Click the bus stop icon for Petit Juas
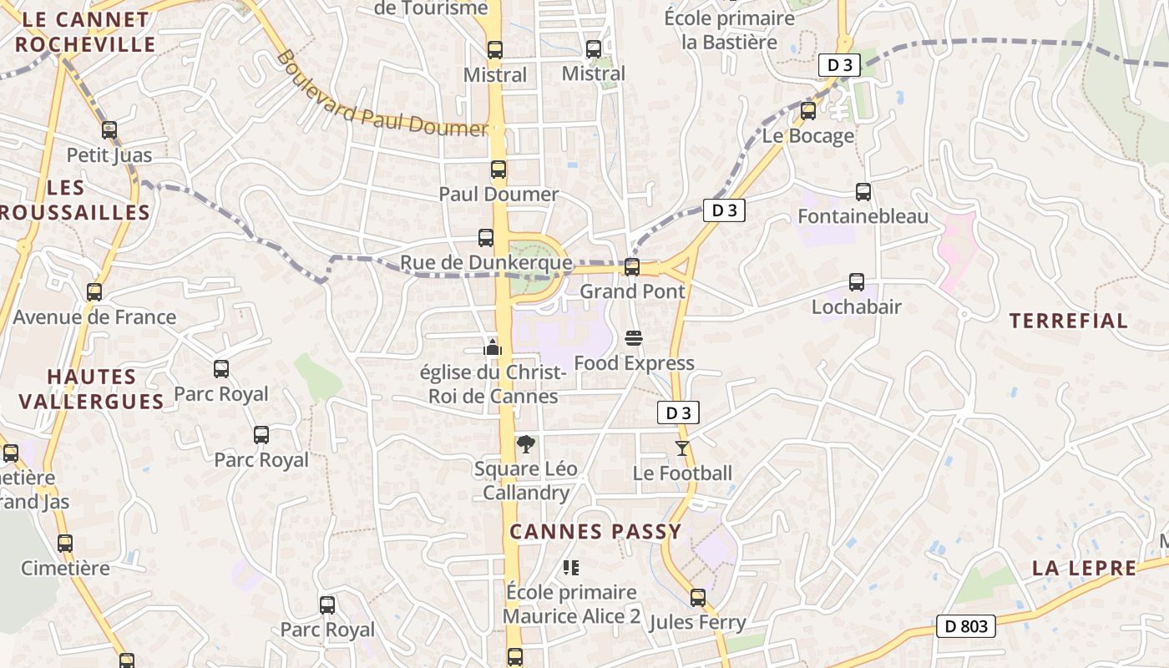[109, 130]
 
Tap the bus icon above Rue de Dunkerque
[486, 238]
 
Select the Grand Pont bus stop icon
[632, 267]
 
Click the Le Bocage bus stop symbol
[808, 110]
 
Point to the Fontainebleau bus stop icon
[863, 192]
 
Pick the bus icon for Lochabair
[857, 282]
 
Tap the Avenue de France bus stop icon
[94, 292]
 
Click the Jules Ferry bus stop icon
[698, 598]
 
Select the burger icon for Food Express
[634, 338]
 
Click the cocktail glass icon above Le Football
[682, 448]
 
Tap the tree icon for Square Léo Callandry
[525, 444]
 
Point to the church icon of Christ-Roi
[493, 347]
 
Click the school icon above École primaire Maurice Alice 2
[571, 568]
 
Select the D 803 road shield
[967, 625]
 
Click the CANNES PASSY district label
[595, 531]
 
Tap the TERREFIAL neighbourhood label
[1068, 321]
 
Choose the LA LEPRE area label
[1084, 569]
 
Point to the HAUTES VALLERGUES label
[92, 389]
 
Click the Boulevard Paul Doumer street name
[382, 94]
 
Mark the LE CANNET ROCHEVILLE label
[84, 32]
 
